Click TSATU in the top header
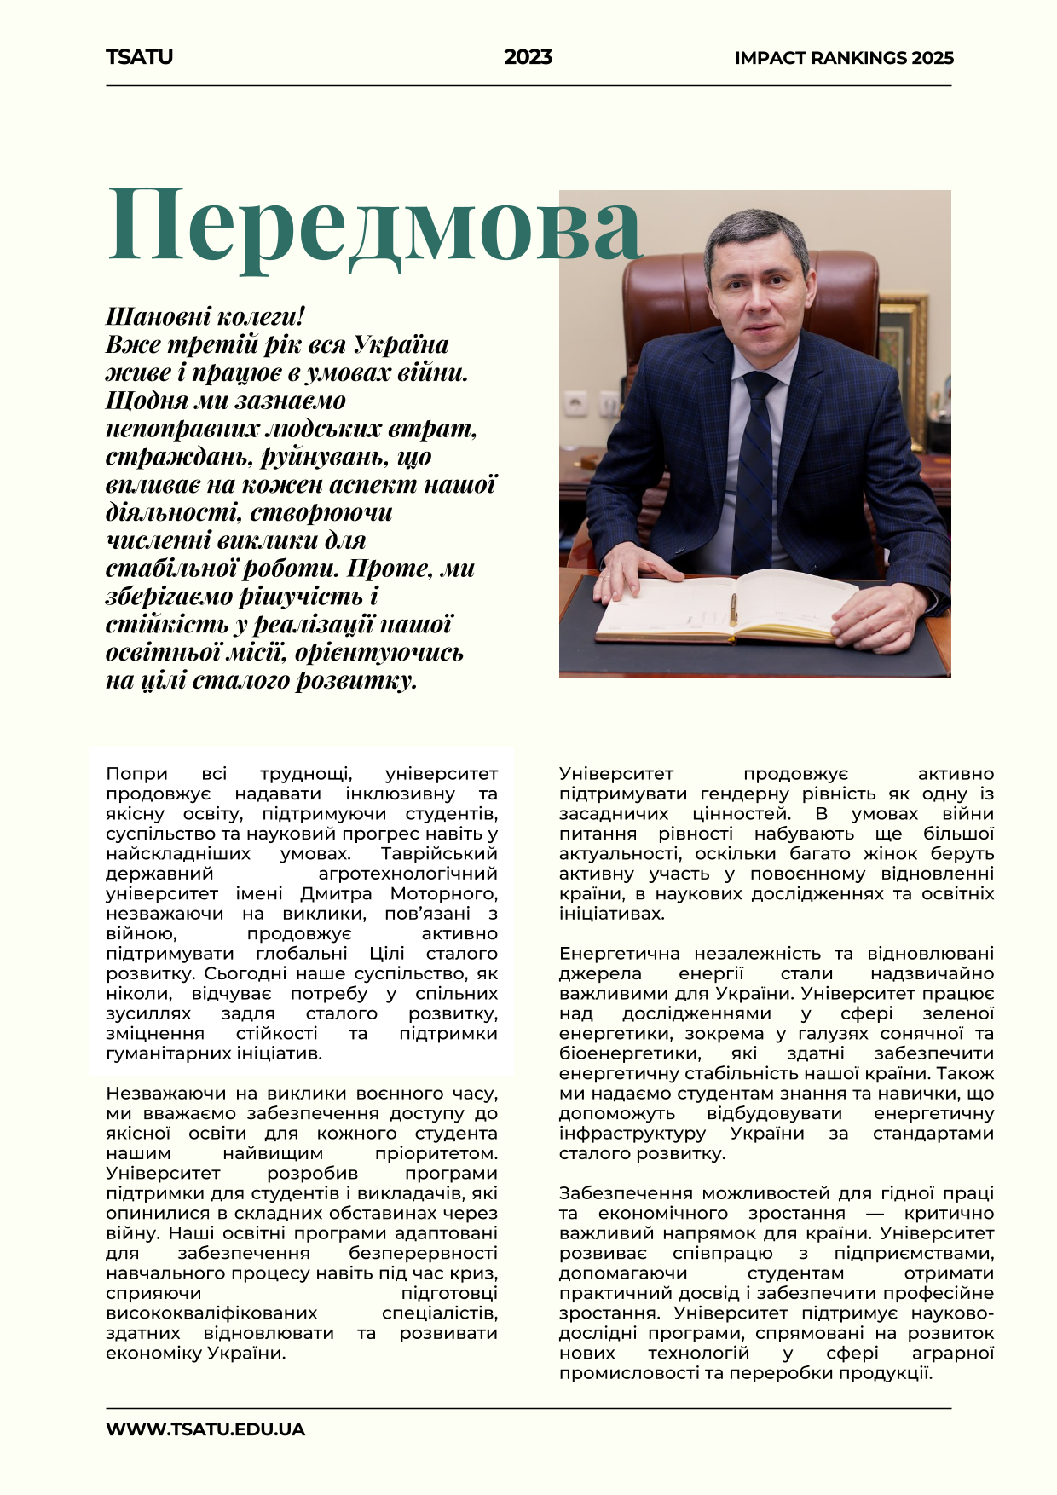139,57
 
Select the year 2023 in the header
528,57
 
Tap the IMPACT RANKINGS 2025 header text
843,58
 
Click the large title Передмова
374,225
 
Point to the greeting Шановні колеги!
205,316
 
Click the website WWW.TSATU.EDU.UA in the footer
205,1429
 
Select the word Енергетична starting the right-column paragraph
619,953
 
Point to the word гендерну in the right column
755,794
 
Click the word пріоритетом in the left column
436,1153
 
